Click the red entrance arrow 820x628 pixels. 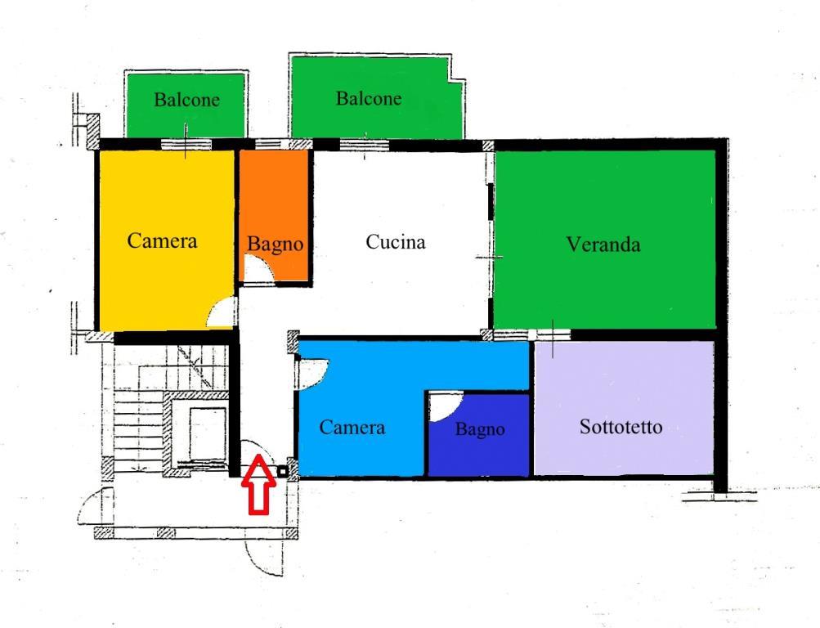[x=258, y=484]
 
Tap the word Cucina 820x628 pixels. [x=396, y=242]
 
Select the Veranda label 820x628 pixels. [x=603, y=244]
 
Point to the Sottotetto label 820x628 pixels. [x=621, y=427]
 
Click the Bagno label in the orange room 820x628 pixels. [x=275, y=244]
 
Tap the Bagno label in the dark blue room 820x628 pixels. [x=480, y=429]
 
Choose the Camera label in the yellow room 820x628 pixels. [x=162, y=240]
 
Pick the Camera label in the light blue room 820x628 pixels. [x=352, y=427]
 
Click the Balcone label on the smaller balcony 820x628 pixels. [x=186, y=99]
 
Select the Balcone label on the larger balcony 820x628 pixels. [x=369, y=98]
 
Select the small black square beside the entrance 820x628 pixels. [x=282, y=472]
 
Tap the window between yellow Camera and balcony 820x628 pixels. [x=186, y=144]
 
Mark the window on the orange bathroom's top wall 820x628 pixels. [x=272, y=144]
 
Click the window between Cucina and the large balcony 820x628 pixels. [x=365, y=144]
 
